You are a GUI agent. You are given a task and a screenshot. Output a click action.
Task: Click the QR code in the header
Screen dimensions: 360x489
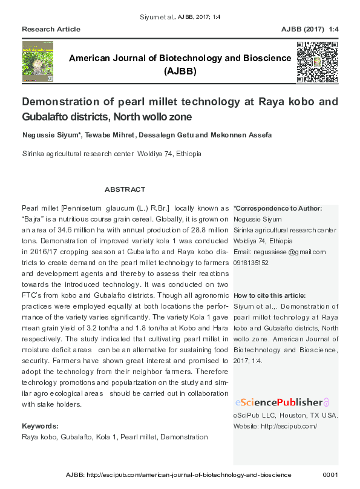(x=316, y=62)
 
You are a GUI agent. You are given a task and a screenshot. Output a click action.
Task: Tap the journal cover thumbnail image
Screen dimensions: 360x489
(x=38, y=62)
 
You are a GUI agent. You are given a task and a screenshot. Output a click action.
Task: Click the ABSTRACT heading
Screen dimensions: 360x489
(x=125, y=189)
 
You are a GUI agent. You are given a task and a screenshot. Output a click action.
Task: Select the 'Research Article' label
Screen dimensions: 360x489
(x=51, y=29)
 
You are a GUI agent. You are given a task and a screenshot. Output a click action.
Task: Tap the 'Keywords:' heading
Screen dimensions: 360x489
(x=40, y=426)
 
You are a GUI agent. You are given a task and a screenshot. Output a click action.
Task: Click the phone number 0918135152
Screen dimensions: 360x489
(x=251, y=263)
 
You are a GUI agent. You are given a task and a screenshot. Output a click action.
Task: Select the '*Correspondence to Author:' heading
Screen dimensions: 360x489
(x=278, y=208)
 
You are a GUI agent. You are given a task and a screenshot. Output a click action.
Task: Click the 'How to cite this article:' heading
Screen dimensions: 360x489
(x=270, y=295)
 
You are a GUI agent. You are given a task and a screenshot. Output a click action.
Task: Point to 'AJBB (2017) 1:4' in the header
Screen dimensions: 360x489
(x=310, y=29)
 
